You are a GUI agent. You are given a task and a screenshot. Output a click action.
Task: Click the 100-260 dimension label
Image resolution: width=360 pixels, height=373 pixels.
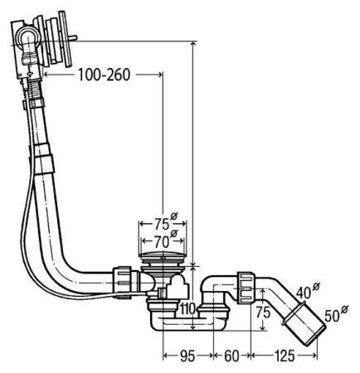pos(104,75)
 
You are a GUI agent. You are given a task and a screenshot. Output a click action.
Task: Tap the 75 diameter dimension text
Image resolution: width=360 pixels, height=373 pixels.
pos(162,224)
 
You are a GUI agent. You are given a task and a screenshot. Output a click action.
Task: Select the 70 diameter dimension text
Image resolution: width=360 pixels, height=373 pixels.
pos(162,243)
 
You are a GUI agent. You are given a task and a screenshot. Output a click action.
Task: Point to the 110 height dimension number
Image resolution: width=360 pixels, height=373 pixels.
pos(188,308)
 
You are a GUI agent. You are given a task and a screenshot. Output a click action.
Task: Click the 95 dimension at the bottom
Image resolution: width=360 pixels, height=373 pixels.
pos(187,356)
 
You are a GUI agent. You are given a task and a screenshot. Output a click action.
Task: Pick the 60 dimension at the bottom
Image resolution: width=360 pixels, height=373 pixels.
pos(231,356)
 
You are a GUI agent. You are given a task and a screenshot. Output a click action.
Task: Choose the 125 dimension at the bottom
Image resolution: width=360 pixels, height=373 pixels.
pos(285,356)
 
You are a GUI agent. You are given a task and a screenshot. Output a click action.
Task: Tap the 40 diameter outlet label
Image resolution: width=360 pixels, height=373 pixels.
pos(304,293)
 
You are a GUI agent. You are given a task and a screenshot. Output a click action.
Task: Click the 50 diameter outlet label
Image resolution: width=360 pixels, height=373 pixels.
pos(332,317)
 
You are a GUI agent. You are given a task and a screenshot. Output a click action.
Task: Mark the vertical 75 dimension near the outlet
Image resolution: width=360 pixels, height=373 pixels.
pos(263,312)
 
